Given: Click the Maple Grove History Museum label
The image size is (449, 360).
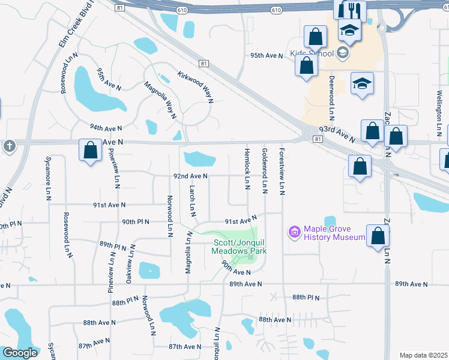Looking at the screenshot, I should [334, 233].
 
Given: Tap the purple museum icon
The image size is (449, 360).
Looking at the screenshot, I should [294, 232].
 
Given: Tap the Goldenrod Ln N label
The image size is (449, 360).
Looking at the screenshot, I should [265, 170].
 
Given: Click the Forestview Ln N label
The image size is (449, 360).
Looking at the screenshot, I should [282, 172].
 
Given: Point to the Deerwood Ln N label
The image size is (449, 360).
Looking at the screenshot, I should [331, 97].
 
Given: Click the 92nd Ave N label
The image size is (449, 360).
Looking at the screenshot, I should [190, 176].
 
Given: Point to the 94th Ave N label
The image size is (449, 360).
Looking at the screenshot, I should [106, 128].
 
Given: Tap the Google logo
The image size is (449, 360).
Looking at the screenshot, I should [20, 353].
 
